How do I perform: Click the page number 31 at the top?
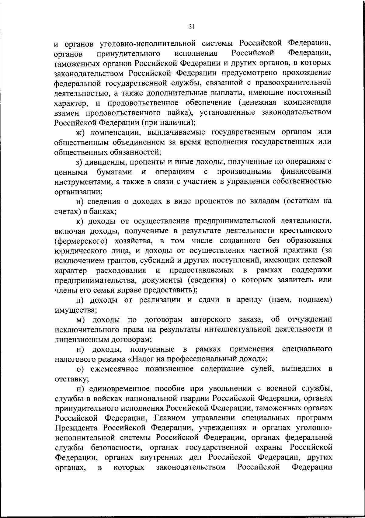click(x=191, y=27)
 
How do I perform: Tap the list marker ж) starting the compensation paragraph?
click(x=80, y=132)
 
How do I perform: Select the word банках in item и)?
click(x=102, y=211)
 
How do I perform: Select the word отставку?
click(x=71, y=379)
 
